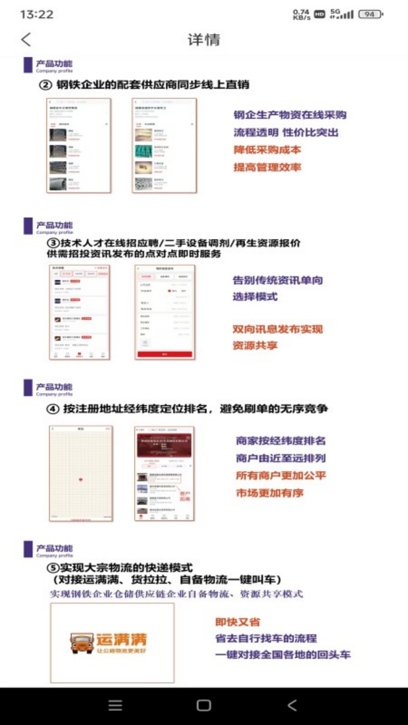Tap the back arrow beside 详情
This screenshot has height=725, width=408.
[x=26, y=40]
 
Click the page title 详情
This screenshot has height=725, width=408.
[x=204, y=40]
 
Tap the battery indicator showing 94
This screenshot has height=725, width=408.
[x=370, y=14]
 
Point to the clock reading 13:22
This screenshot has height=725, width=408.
[x=37, y=14]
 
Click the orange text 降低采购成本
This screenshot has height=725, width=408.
[x=267, y=150]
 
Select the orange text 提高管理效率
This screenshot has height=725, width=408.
[x=267, y=167]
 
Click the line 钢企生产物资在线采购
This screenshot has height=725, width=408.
[x=290, y=115]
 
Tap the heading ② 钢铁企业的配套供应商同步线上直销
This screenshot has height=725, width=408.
[x=144, y=85]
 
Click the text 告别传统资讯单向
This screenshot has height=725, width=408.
[x=278, y=280]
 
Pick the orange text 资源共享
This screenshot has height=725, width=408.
[x=255, y=346]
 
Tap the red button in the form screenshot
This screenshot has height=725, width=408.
[x=165, y=354]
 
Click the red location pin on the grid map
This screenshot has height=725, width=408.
[x=80, y=480]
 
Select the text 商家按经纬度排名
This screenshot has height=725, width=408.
[x=281, y=441]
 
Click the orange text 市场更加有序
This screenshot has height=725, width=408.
[x=269, y=493]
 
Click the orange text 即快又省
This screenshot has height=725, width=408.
[x=238, y=622]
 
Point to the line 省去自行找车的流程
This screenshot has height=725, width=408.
[x=266, y=639]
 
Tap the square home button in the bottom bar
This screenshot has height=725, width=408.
[x=204, y=705]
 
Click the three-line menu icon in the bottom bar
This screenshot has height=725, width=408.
[x=115, y=705]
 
